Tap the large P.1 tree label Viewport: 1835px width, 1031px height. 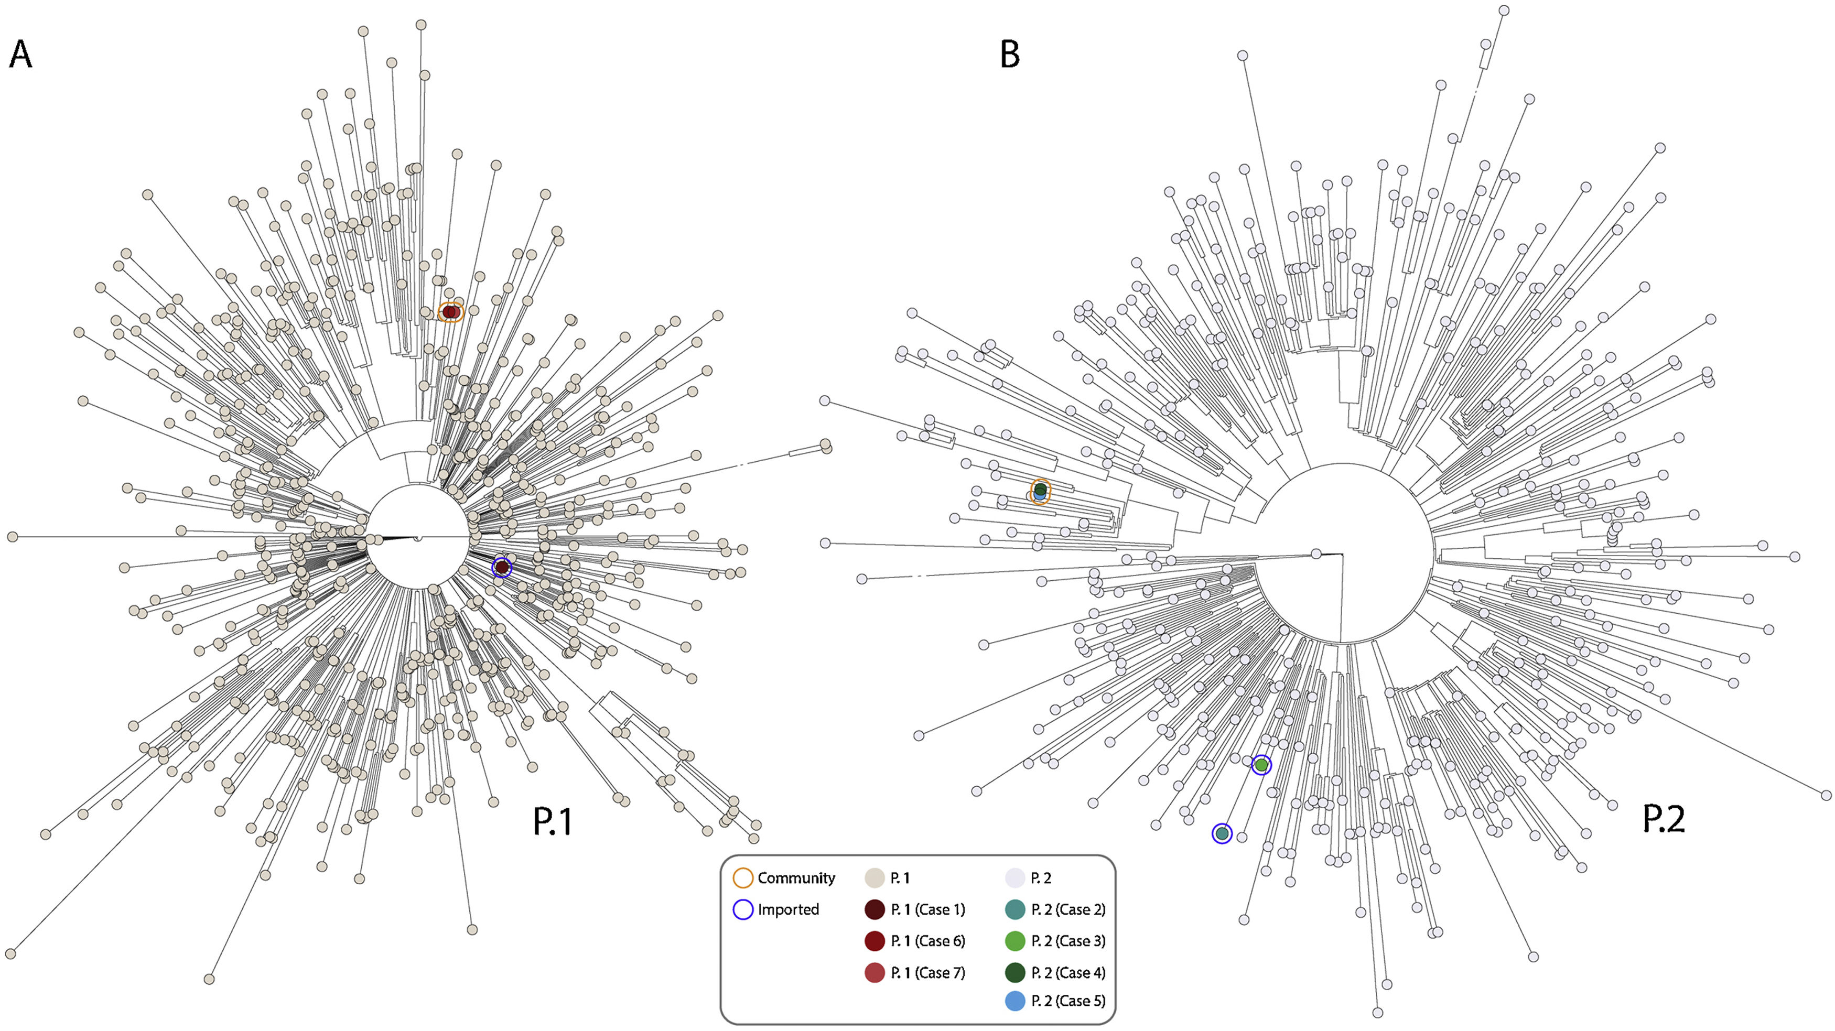tap(553, 821)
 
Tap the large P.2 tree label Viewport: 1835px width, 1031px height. tap(1664, 819)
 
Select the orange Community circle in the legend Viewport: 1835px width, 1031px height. tap(743, 878)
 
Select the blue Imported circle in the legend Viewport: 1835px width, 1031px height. tap(743, 909)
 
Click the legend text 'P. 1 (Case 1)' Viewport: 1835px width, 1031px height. tap(927, 909)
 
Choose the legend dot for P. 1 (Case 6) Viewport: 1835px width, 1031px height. tap(874, 940)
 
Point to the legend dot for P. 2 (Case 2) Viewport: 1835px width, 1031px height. tap(1014, 909)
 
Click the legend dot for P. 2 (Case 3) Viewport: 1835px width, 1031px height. tap(1014, 940)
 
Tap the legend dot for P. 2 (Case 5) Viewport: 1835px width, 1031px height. tap(1014, 1001)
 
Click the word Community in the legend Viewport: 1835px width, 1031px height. tap(796, 878)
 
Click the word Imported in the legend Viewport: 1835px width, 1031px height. tap(788, 909)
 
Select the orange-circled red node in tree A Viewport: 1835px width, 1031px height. tap(449, 312)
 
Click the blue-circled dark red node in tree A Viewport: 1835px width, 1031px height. tap(502, 567)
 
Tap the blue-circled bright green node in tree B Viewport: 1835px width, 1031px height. tap(1261, 765)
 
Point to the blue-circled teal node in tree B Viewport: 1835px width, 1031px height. tap(1222, 833)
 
